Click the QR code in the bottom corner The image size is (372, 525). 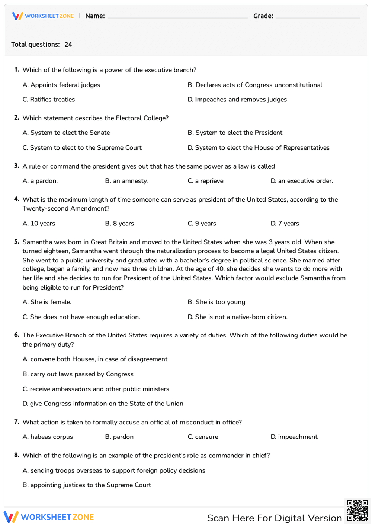pos(357,511)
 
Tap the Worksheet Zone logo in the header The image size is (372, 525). pos(43,16)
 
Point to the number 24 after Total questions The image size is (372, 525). pos(68,45)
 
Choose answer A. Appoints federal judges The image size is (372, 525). pos(61,85)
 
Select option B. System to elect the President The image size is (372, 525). pos(235,133)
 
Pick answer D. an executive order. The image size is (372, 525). pos(301,181)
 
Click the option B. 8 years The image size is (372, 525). pos(119,224)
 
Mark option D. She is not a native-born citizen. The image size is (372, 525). pos(237,317)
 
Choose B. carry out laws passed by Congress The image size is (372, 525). pos(78,374)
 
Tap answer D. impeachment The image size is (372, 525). pos(294,437)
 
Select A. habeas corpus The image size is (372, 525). pos(48,437)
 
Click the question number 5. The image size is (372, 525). pos(17,242)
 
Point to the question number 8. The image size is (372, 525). pos(17,455)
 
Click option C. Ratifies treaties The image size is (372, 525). pos(49,100)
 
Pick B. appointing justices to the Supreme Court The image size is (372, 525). pos(87,485)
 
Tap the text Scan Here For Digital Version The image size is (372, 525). pos(274,518)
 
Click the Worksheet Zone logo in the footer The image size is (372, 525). pos(49,517)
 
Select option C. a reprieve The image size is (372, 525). pos(205,181)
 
